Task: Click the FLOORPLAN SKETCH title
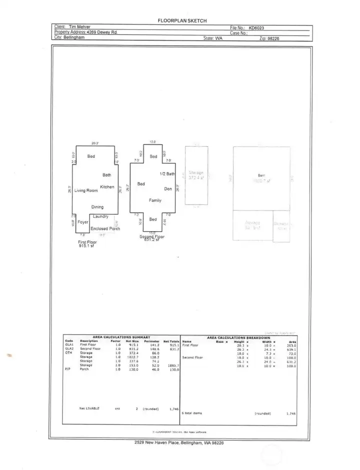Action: coord(182,20)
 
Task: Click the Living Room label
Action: coord(85,191)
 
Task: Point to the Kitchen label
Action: coord(107,187)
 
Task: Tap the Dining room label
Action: coord(97,207)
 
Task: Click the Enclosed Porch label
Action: coord(105,228)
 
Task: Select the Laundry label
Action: coord(100,216)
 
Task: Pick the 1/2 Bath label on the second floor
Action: coord(167,174)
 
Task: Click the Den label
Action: coord(168,189)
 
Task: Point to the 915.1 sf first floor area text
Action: coord(86,246)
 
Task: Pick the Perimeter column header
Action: coord(151,341)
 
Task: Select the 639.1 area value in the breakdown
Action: coord(290,349)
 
